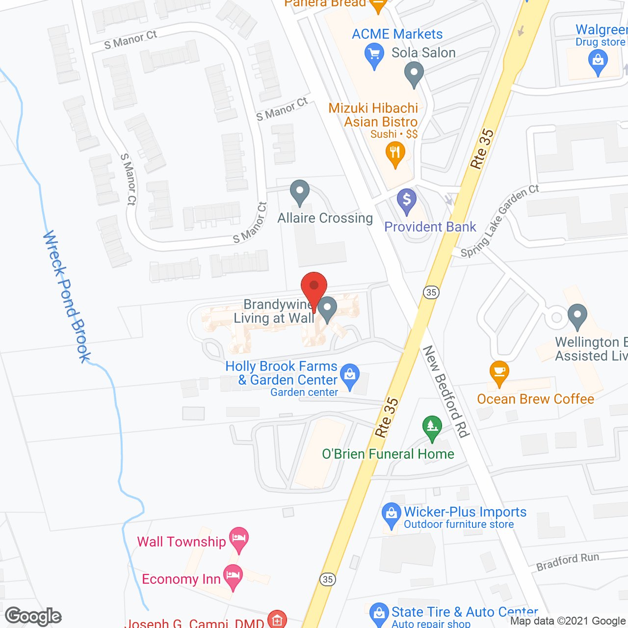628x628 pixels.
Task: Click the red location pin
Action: (x=314, y=287)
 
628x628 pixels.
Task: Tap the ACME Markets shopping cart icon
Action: (x=374, y=54)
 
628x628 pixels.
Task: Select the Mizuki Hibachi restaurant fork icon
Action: (x=395, y=153)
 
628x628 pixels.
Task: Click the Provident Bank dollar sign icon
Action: (x=407, y=200)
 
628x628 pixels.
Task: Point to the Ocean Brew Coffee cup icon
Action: (x=499, y=372)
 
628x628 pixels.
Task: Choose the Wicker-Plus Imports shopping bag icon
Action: (x=391, y=514)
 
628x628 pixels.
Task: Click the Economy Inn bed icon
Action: (x=233, y=576)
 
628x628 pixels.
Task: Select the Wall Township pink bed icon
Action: (x=239, y=538)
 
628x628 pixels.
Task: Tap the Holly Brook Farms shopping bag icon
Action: (x=350, y=375)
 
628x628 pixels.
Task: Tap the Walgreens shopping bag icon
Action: (x=598, y=62)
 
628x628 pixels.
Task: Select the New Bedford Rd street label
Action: (x=446, y=391)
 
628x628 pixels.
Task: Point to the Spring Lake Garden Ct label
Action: (x=499, y=221)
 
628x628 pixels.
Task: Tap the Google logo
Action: (x=33, y=616)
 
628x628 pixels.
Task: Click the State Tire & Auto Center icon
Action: (x=378, y=613)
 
